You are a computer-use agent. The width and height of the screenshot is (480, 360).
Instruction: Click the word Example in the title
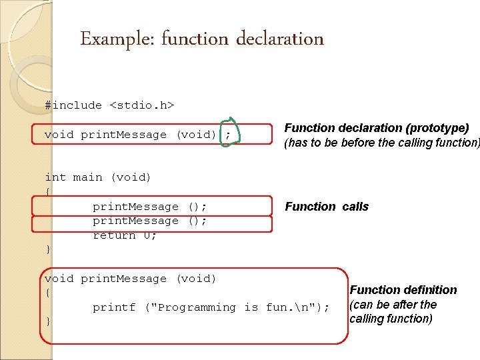[x=107, y=39]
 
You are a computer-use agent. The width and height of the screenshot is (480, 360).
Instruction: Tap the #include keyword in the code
[x=73, y=105]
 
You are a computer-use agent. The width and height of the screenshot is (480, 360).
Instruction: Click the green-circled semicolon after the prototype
[x=228, y=135]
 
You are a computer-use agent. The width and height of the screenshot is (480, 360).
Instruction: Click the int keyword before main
[x=55, y=177]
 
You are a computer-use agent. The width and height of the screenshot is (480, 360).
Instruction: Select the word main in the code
[x=87, y=177]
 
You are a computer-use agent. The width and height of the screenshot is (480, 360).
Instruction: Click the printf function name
[x=113, y=307]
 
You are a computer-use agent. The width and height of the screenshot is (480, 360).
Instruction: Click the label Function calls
[x=327, y=207]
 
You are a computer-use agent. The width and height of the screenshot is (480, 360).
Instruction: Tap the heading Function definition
[x=403, y=290]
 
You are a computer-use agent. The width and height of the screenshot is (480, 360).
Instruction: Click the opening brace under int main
[x=47, y=192]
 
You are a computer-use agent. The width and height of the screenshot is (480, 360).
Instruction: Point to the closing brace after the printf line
[x=48, y=322]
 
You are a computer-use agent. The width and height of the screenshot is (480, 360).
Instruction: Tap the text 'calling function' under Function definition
[x=391, y=319]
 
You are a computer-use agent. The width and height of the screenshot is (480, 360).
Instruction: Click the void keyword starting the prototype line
[x=59, y=135]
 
